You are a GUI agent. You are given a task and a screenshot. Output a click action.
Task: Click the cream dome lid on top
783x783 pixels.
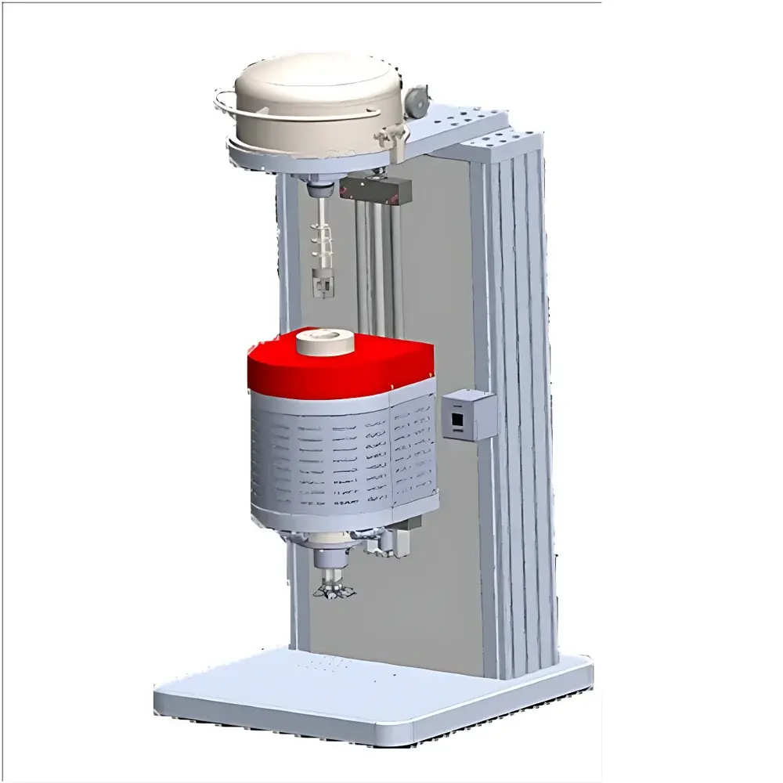click(313, 98)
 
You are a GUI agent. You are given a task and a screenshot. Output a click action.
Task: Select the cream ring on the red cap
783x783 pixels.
click(323, 342)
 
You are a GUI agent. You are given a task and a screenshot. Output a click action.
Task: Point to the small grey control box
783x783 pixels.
click(467, 416)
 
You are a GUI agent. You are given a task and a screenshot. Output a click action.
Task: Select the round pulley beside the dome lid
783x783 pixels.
click(417, 97)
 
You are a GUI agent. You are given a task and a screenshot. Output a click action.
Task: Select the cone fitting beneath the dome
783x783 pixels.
click(319, 188)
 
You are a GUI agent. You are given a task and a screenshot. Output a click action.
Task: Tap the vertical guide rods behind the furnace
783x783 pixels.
click(380, 266)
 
